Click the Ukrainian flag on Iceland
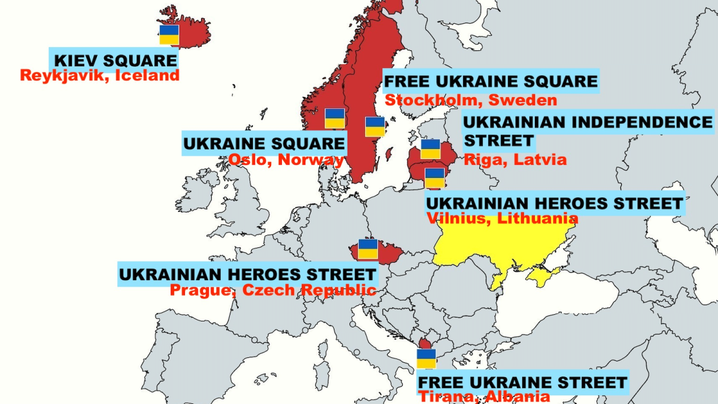169,35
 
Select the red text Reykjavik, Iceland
99,75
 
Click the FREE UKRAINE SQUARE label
491,81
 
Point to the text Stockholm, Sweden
470,100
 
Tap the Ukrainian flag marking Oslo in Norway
334,119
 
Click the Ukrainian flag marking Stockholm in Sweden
375,127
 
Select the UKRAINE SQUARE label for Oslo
264,144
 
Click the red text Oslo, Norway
286,160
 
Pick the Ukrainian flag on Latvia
430,149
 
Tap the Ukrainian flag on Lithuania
434,178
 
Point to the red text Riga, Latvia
515,160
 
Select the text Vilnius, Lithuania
502,218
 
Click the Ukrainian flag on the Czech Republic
367,249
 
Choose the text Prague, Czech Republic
273,290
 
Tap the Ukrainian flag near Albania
427,359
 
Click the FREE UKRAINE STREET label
522,382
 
